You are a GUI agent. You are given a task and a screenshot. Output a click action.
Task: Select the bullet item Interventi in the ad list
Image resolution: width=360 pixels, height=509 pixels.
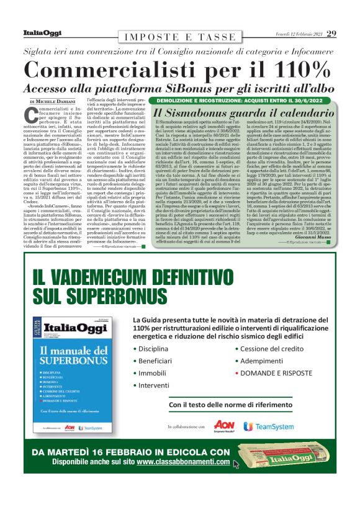(155, 385)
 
